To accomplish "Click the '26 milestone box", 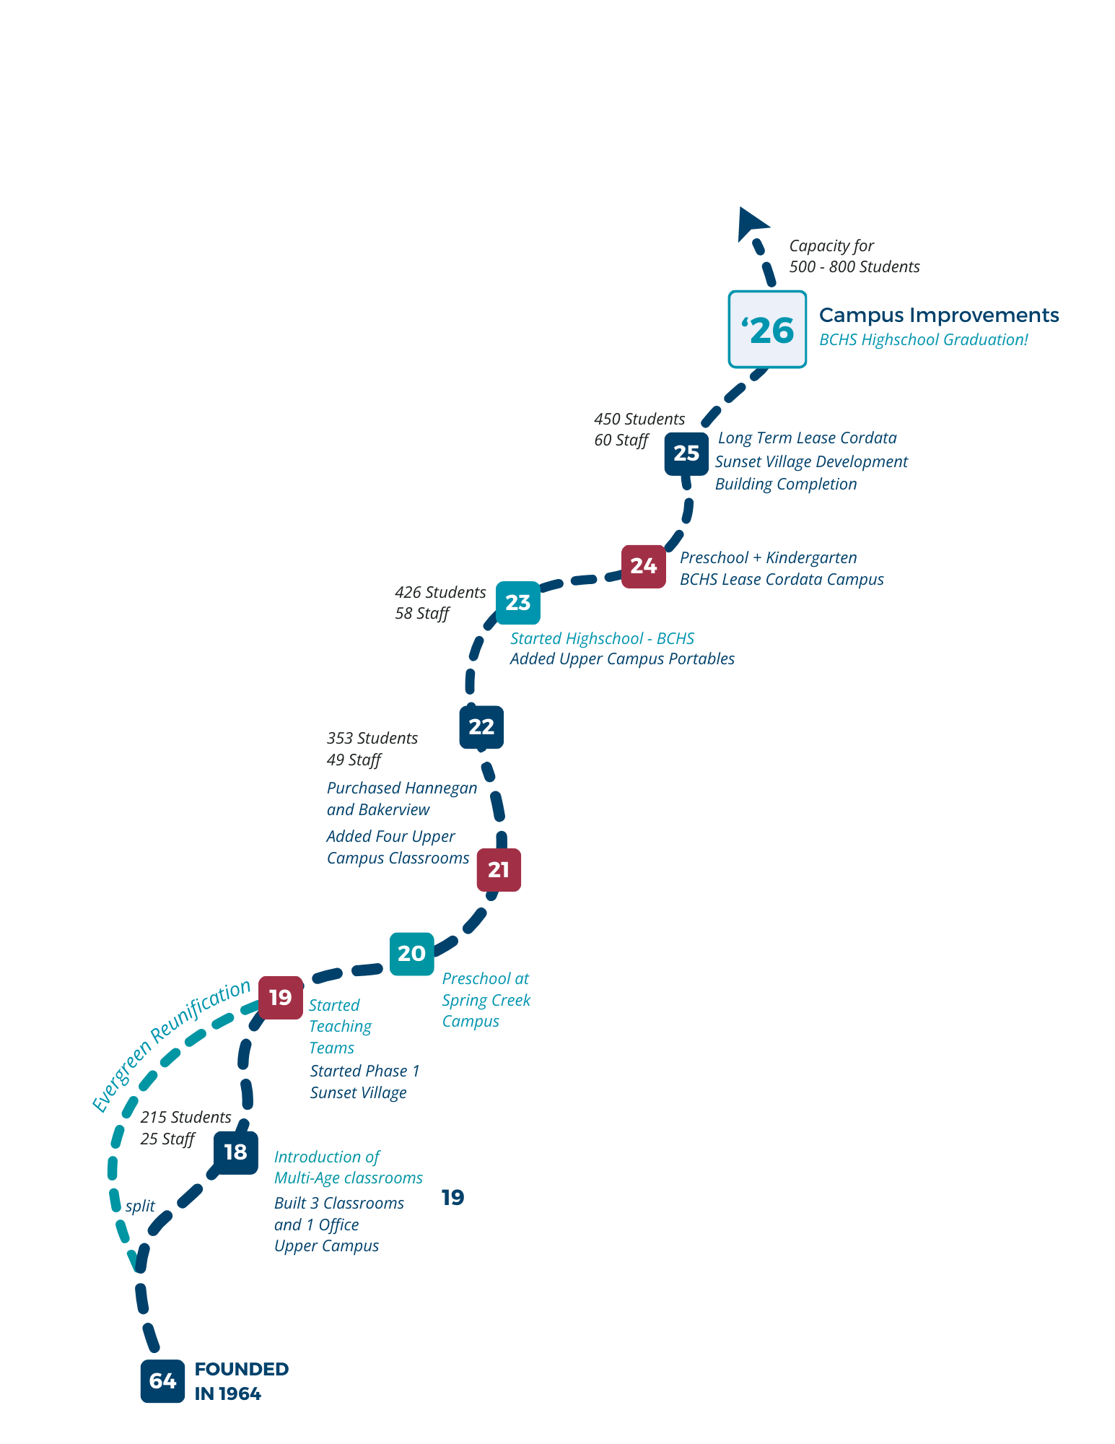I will click(767, 329).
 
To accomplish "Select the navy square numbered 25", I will click(686, 453).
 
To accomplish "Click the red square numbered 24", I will click(644, 566).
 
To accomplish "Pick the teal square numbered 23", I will click(517, 603).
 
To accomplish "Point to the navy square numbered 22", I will click(481, 727).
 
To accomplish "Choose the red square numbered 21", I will click(499, 870).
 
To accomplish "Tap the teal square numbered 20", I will click(411, 954).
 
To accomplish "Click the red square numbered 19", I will click(280, 998).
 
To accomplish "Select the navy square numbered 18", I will click(235, 1152).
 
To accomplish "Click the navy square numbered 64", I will click(162, 1381).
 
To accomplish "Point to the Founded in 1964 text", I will click(241, 1381).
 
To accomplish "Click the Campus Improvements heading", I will click(938, 316).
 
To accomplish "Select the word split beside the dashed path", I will click(140, 1206).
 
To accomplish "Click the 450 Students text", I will click(639, 419).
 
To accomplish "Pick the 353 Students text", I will click(372, 739).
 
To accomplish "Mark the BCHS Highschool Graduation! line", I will click(923, 340).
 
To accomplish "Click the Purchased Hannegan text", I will click(401, 788).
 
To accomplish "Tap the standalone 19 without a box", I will click(452, 1198).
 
